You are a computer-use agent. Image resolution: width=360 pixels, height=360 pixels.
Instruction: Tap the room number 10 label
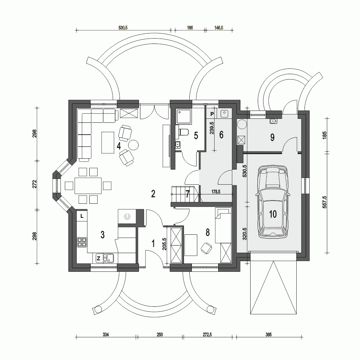click(x=273, y=214)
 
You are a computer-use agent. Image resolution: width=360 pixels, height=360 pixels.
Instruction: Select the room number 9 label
click(x=272, y=137)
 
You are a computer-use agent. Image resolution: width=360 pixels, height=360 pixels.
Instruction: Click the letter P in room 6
click(x=212, y=114)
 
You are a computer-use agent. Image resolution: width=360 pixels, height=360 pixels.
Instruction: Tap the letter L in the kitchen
click(x=82, y=216)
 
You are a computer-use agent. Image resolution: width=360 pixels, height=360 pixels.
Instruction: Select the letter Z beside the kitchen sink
click(x=99, y=258)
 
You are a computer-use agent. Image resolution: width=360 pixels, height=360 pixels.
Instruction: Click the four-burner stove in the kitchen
click(x=82, y=242)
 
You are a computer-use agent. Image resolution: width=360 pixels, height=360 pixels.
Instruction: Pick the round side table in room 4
click(x=133, y=145)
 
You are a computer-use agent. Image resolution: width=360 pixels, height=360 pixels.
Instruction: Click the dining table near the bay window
click(x=88, y=185)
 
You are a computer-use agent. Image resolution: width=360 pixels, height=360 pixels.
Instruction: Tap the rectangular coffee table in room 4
click(x=108, y=142)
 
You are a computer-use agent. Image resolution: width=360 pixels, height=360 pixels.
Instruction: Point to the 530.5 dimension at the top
click(x=123, y=28)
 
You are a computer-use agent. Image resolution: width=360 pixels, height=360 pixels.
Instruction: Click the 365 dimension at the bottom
click(x=269, y=334)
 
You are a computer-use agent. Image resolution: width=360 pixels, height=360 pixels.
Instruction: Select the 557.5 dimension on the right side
click(x=325, y=202)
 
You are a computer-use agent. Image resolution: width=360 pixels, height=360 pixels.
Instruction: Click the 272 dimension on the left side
click(x=35, y=184)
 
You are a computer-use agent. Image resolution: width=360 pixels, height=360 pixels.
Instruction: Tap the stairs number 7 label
click(x=188, y=194)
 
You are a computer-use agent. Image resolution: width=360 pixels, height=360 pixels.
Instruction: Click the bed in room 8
click(x=223, y=225)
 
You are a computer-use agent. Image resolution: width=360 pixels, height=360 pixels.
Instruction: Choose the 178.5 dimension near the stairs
click(x=216, y=192)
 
